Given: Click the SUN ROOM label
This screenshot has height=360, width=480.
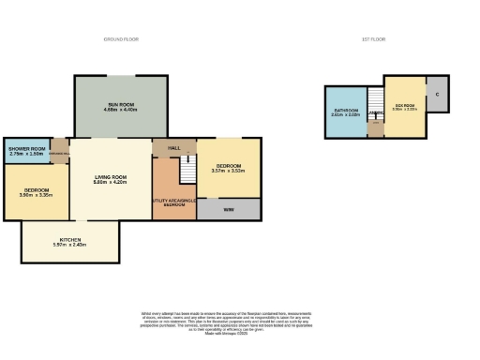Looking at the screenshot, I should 120,103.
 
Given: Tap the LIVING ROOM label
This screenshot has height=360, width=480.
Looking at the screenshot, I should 111,176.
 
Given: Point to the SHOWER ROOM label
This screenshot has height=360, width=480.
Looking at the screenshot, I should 26,148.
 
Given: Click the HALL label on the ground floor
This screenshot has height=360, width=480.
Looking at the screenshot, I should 173,147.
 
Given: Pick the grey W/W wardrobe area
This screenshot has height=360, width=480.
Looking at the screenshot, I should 228,209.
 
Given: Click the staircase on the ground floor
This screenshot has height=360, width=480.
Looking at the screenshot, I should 187,170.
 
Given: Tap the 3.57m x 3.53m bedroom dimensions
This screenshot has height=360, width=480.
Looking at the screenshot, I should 228,171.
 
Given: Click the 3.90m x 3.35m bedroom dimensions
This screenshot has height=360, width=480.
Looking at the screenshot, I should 37,196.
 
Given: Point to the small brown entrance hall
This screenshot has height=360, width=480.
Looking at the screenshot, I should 60,152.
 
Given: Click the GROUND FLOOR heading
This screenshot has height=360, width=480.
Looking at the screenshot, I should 120,39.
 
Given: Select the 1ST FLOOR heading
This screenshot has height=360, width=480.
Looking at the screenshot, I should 373,39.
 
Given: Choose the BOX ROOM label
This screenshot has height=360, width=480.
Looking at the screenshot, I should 405,105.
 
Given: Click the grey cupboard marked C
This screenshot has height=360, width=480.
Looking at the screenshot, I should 437,96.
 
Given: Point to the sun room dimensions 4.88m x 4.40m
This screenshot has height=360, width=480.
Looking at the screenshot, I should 120,110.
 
